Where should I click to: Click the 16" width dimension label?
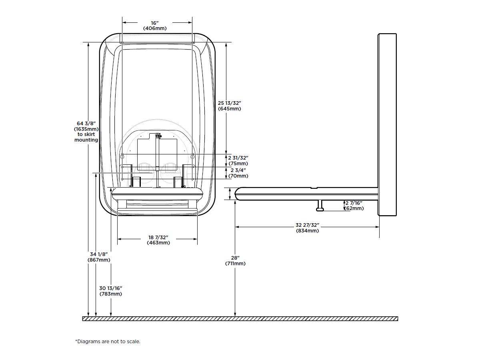(155, 23)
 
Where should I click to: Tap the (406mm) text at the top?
(155, 28)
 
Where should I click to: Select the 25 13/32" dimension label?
(229, 103)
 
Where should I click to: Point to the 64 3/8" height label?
(86, 124)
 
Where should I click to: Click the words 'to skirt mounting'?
(86, 137)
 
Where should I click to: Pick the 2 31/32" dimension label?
(238, 158)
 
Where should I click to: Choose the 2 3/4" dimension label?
(238, 170)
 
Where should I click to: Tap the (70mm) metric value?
(238, 176)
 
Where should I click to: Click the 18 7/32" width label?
(158, 237)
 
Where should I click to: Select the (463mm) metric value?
(158, 243)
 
